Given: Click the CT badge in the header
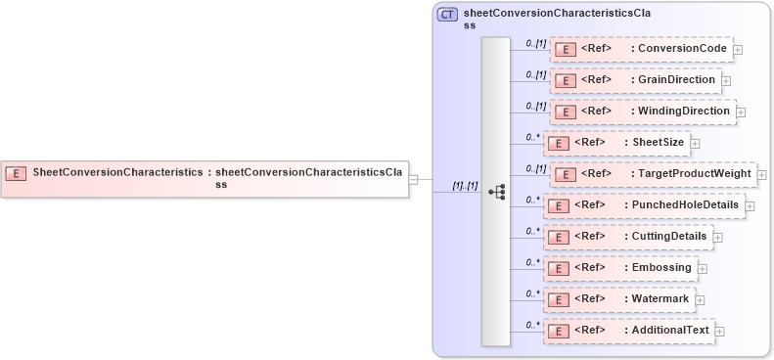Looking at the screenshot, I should (447, 15).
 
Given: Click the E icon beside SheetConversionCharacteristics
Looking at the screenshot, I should (16, 173).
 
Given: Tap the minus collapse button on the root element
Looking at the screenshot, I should (414, 179).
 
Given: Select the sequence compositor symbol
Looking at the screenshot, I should (496, 192).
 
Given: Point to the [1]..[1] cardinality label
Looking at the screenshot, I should (464, 185).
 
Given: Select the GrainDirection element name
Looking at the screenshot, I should (676, 79).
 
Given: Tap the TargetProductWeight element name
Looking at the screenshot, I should (694, 173).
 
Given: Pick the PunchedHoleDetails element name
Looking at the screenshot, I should (684, 204).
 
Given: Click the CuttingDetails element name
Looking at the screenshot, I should (668, 236).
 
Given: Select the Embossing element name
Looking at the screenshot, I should (660, 267).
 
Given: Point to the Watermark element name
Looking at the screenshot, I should (660, 298).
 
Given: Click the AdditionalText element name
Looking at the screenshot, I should (669, 330).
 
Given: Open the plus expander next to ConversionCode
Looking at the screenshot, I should (738, 50).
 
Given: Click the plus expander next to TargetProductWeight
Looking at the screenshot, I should (761, 175).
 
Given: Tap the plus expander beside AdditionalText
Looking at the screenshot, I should (720, 332).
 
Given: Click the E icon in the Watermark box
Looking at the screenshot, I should (557, 299).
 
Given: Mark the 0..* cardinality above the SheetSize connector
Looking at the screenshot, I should (532, 137).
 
